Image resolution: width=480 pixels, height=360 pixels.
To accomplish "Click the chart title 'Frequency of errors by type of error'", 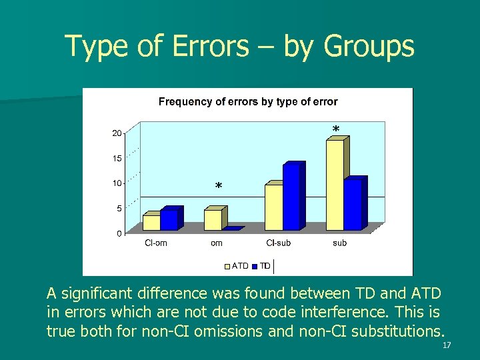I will point(247,102).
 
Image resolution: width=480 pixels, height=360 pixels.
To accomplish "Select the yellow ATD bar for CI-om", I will point(151,223).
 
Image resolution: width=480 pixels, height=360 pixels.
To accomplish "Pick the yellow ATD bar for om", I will point(213,220).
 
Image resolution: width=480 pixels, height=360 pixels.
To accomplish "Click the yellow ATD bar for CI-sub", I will point(274,207).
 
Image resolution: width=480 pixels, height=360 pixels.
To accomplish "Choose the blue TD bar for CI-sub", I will point(292,197).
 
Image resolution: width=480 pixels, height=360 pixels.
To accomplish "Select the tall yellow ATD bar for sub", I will point(335,185).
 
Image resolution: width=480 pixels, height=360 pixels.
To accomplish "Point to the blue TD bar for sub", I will point(353,205).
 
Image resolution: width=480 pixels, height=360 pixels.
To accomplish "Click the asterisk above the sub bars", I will point(336,129).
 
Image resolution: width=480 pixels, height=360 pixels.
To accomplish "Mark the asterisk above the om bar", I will point(219,187).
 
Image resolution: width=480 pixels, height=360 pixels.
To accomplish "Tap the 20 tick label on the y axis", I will point(117,133).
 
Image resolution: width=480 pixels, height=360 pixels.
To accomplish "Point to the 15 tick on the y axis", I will point(117,159).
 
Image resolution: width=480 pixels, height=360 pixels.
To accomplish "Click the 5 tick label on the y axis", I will point(119,209).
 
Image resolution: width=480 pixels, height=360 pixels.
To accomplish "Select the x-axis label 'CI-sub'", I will point(279,243).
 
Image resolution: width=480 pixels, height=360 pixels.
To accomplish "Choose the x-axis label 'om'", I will point(217,243).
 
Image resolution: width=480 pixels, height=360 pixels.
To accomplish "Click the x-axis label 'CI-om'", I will point(156,243).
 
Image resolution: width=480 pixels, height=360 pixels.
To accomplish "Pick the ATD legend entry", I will point(237,266).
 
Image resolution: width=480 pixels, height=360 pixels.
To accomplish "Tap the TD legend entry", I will point(261,266).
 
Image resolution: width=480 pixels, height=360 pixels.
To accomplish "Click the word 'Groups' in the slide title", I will point(369,47).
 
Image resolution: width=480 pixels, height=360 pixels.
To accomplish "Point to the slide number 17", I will point(447,345).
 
